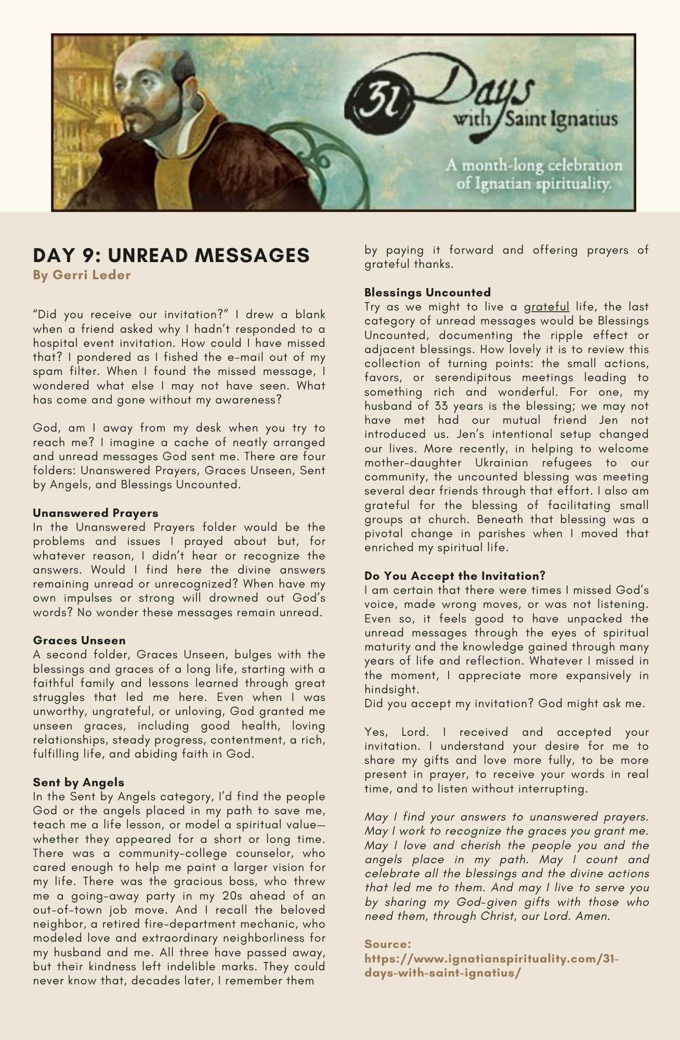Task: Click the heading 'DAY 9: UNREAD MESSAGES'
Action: tap(171, 255)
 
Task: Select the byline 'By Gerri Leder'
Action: tap(82, 275)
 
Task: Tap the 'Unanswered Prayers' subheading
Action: tap(95, 513)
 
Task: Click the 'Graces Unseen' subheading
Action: tap(79, 641)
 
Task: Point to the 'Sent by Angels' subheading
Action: tap(79, 783)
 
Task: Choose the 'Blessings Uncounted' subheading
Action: tap(427, 292)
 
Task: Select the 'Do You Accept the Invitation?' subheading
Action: tap(455, 576)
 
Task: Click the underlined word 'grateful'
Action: tap(546, 307)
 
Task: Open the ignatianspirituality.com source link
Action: tap(492, 966)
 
